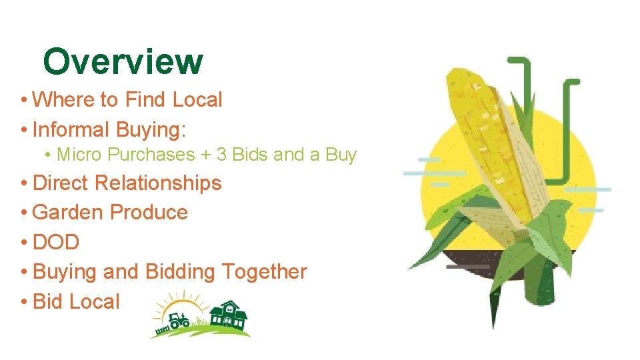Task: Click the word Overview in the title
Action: pyautogui.click(x=123, y=61)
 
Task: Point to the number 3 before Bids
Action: pyautogui.click(x=222, y=155)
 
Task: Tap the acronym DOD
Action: pyautogui.click(x=56, y=242)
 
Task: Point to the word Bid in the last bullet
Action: pyautogui.click(x=47, y=301)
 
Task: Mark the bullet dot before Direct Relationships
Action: pyautogui.click(x=24, y=183)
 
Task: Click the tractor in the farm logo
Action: pyautogui.click(x=179, y=321)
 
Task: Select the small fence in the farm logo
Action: pyautogui.click(x=160, y=329)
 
